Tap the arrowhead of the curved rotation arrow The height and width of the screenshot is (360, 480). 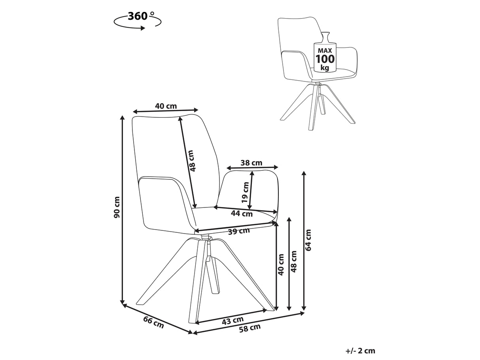tap(143, 28)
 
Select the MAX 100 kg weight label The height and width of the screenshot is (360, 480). tap(325, 59)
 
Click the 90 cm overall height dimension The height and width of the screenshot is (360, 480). tap(117, 207)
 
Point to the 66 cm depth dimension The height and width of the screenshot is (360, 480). tap(153, 322)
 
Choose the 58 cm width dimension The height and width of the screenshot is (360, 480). tap(250, 328)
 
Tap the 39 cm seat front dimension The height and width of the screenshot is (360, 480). tap(239, 231)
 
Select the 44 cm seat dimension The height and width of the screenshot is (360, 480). tap(242, 213)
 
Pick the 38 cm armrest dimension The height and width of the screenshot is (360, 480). tap(251, 163)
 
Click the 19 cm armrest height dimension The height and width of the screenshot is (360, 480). tap(246, 192)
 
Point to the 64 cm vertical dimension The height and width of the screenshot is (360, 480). tap(308, 240)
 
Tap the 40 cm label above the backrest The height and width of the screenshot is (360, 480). tap(166, 106)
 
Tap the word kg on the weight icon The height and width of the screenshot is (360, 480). tap(325, 68)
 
